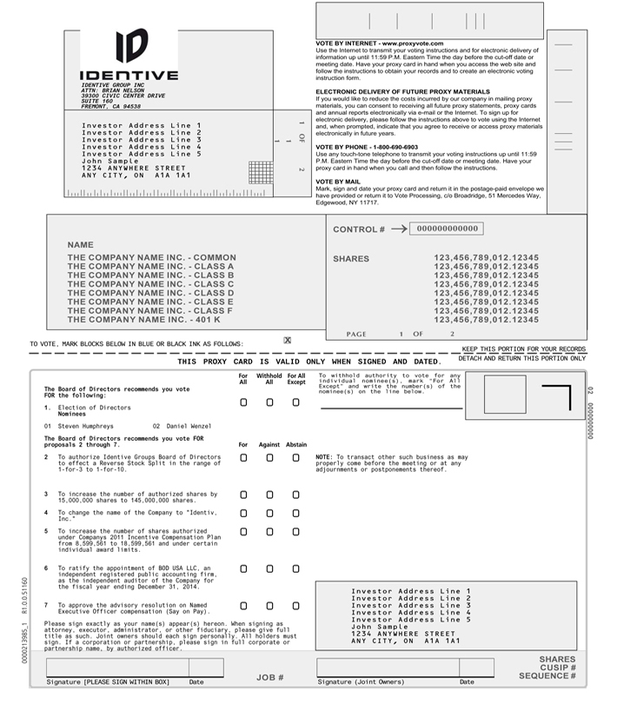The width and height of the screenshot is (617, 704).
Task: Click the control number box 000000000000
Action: [x=444, y=229]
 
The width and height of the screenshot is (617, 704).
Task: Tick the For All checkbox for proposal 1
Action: [x=243, y=402]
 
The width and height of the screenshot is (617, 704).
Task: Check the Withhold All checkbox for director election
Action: [x=269, y=402]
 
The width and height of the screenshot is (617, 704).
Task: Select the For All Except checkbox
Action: [x=296, y=402]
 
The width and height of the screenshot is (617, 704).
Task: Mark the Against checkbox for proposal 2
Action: [x=269, y=457]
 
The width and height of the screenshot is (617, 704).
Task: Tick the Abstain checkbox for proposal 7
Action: [x=296, y=605]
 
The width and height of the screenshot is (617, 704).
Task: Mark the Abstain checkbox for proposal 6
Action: [x=296, y=568]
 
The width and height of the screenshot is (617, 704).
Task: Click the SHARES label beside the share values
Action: [x=351, y=259]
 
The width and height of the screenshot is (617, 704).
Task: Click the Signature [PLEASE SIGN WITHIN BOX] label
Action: [x=108, y=682]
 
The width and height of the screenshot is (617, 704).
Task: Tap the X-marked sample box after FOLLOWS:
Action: [x=288, y=341]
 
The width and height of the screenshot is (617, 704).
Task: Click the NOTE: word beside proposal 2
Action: [x=324, y=456]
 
